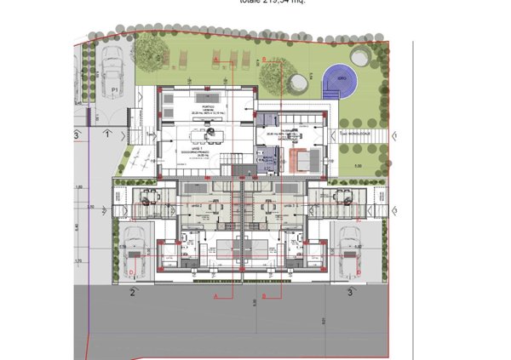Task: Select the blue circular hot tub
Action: point(340,78)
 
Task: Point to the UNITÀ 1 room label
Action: point(198,147)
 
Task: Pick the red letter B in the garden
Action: point(264,59)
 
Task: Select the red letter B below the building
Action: point(264,296)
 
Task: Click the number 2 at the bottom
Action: point(133,293)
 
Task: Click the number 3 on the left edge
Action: point(76,135)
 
